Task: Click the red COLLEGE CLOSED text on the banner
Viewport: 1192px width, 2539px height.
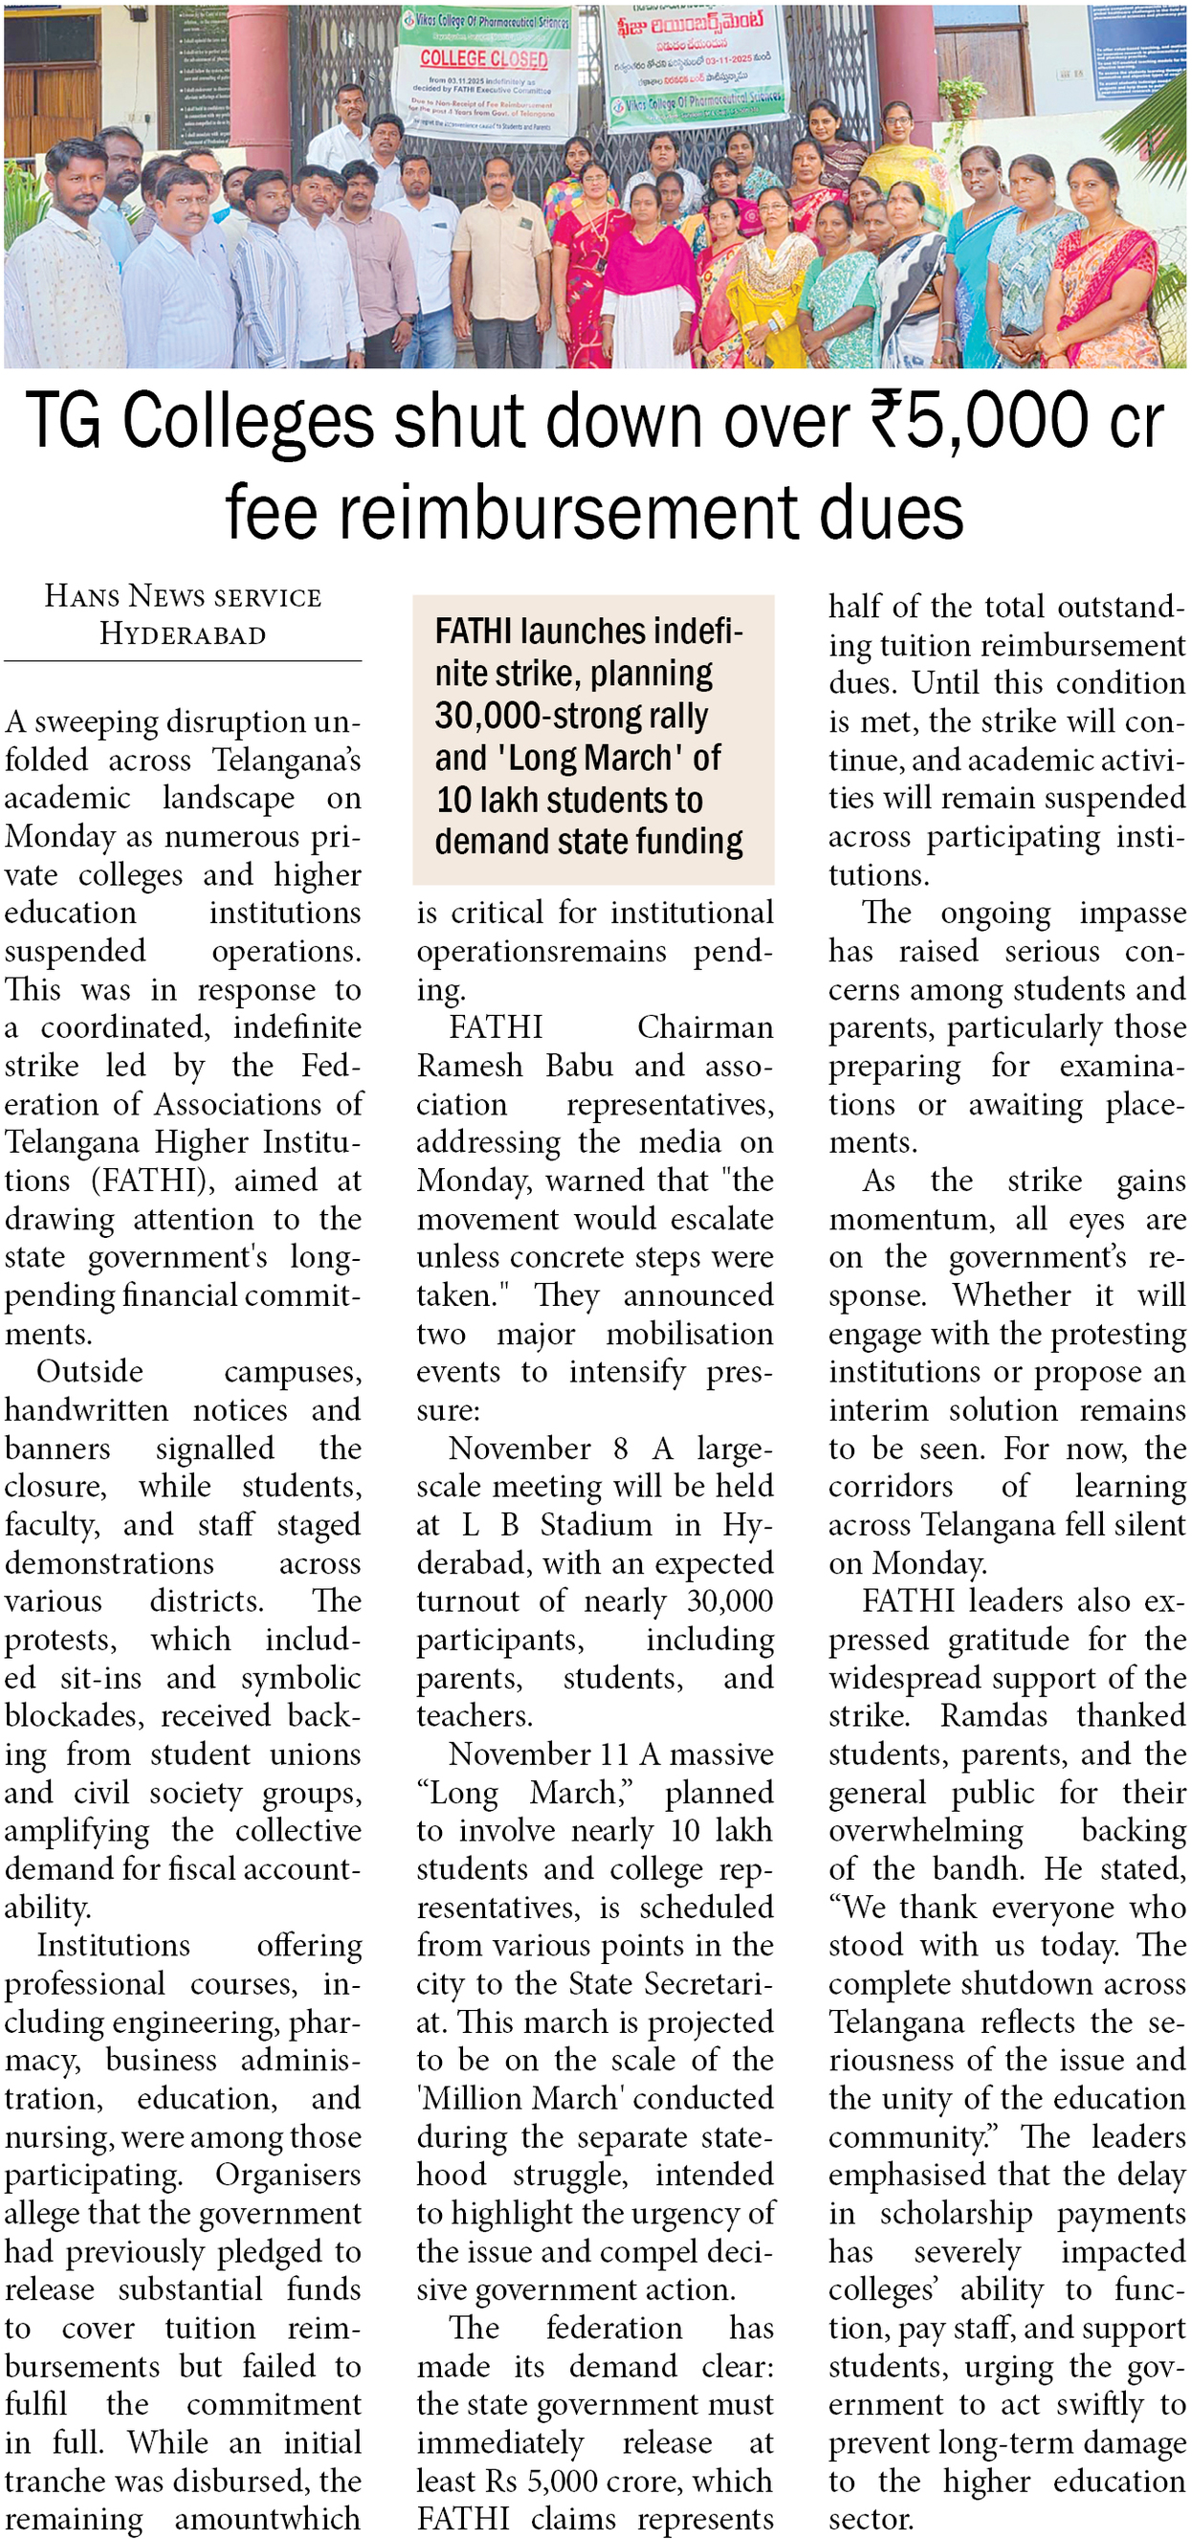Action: [x=483, y=59]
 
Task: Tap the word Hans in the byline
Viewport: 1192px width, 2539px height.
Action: [x=82, y=596]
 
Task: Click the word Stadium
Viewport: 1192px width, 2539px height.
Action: [x=595, y=1524]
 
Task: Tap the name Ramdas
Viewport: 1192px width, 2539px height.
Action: [x=993, y=1716]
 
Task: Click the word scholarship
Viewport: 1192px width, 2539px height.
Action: [x=956, y=2213]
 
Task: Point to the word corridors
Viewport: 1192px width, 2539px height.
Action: [x=891, y=1487]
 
